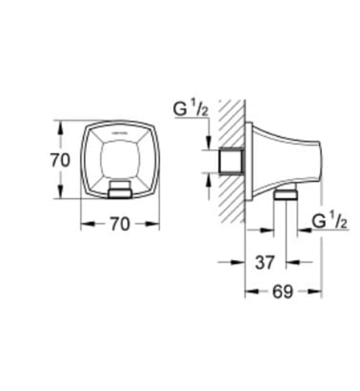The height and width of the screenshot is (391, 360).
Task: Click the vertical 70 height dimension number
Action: [x=60, y=160]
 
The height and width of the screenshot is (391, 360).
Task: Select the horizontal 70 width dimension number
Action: [x=119, y=224]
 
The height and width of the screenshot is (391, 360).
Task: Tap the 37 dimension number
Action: [x=265, y=261]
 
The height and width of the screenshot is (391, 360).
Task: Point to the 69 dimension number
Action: [x=283, y=292]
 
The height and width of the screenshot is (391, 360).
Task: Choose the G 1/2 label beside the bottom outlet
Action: [x=330, y=221]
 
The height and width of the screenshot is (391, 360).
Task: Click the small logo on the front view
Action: [x=120, y=133]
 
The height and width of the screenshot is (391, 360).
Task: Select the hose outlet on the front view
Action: [x=120, y=189]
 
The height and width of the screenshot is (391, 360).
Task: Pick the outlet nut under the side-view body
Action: [x=286, y=195]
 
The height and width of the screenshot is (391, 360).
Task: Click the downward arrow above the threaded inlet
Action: [x=208, y=144]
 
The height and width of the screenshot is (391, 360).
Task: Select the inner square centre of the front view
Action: [x=120, y=160]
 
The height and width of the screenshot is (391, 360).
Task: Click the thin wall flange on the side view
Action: [x=247, y=161]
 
